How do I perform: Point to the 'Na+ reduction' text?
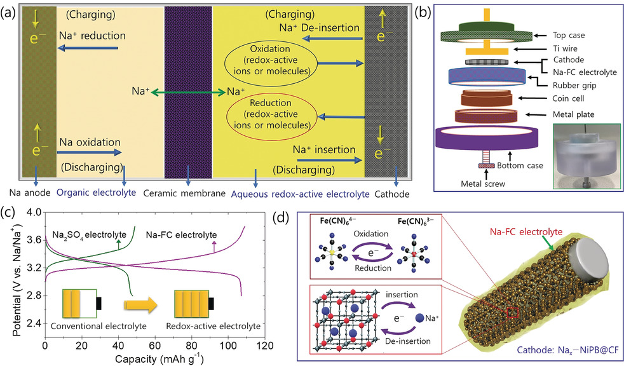(x=92, y=36)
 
